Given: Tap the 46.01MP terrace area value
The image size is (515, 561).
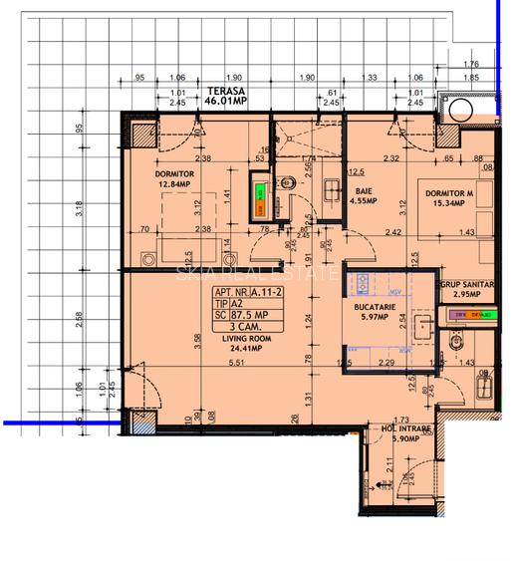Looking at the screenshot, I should click(x=225, y=102).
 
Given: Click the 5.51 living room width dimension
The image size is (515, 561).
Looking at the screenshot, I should click(x=236, y=363).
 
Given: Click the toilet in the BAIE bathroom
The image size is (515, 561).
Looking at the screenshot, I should click(x=283, y=183).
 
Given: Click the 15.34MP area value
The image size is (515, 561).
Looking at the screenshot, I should click(x=444, y=203).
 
